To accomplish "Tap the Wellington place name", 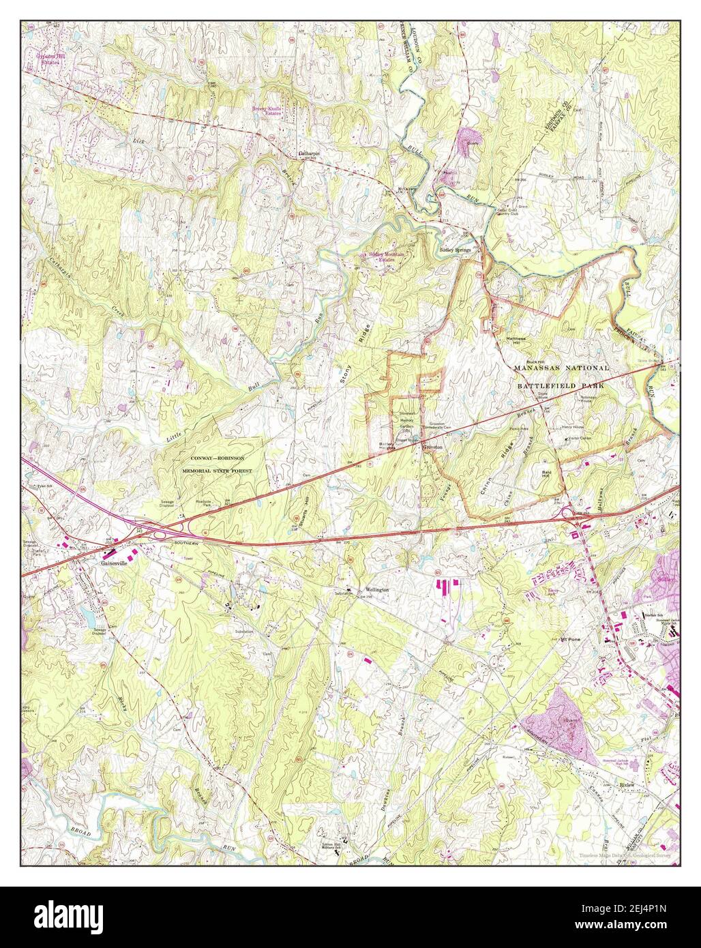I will [377, 589].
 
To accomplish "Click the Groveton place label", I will [432, 447].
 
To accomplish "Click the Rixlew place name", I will [627, 785].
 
